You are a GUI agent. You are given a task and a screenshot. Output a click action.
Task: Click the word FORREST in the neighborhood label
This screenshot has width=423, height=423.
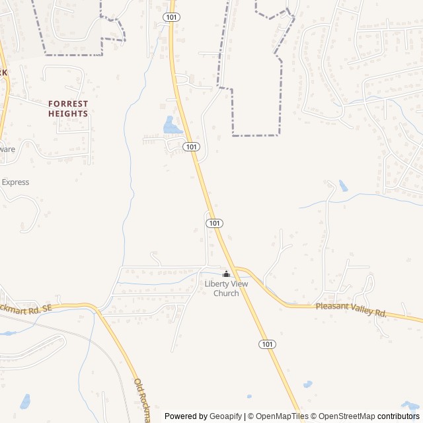(x=68, y=104)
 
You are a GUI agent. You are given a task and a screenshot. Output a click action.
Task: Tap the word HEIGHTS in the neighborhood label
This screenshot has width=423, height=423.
(x=68, y=114)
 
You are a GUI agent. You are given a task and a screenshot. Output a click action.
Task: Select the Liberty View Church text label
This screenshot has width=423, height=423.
(x=226, y=288)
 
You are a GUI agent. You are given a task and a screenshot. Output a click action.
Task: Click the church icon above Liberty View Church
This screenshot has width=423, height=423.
(x=226, y=274)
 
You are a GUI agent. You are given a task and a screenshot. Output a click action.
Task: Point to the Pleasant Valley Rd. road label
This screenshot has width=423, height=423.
(x=351, y=309)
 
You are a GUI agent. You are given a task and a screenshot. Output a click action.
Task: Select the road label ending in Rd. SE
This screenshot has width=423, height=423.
(x=25, y=309)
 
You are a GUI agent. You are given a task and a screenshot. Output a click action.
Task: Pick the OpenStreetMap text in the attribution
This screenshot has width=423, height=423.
(x=344, y=416)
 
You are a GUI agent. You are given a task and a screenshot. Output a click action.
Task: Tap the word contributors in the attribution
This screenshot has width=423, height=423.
(x=398, y=416)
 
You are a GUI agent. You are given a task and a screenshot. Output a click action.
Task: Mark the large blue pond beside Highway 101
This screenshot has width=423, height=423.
(x=171, y=125)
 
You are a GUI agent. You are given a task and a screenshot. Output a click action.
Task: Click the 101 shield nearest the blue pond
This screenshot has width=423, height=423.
(x=191, y=147)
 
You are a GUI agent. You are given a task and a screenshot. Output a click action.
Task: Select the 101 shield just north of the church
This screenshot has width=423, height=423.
(x=214, y=223)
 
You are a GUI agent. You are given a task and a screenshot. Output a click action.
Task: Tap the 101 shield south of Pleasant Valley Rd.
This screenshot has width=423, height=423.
(x=267, y=344)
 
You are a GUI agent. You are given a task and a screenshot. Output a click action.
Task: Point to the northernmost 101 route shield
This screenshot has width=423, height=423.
(x=171, y=17)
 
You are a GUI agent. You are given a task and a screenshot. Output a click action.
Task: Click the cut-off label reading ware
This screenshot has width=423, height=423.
(x=7, y=149)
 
